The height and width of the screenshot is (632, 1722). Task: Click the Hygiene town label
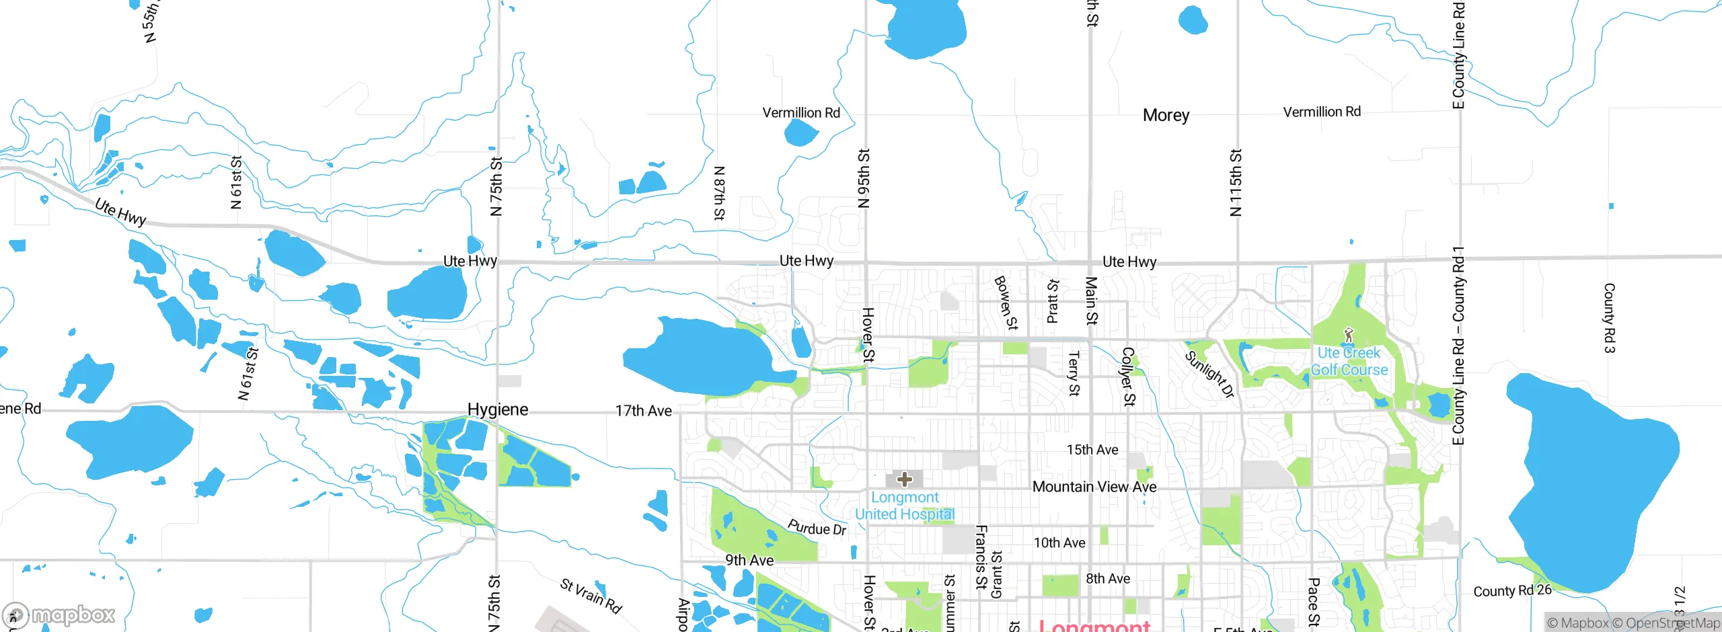click(498, 409)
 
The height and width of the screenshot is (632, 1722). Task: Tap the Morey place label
click(1166, 115)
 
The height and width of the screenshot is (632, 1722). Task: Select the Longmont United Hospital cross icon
click(905, 479)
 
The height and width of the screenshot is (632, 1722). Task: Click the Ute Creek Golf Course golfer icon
click(1348, 334)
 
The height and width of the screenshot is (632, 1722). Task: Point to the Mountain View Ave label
click(1094, 487)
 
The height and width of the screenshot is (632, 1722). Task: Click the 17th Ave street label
click(643, 411)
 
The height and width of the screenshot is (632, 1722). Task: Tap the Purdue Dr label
click(817, 528)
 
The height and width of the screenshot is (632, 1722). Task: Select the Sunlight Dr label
click(1209, 374)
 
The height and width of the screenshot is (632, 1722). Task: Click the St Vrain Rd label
click(591, 596)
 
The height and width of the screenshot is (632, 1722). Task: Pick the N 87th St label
click(719, 193)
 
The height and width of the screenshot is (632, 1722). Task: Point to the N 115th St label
click(1236, 182)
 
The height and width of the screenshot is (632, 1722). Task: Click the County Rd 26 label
click(1512, 590)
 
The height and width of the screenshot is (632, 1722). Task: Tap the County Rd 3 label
click(1609, 317)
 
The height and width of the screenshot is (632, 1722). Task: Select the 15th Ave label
click(1092, 450)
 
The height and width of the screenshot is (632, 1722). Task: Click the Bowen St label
click(1006, 303)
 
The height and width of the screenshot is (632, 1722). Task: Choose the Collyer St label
click(1129, 377)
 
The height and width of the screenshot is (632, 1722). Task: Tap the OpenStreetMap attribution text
click(1673, 623)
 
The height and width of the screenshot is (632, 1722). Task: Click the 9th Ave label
click(749, 560)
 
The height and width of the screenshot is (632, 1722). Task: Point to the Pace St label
click(1313, 602)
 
